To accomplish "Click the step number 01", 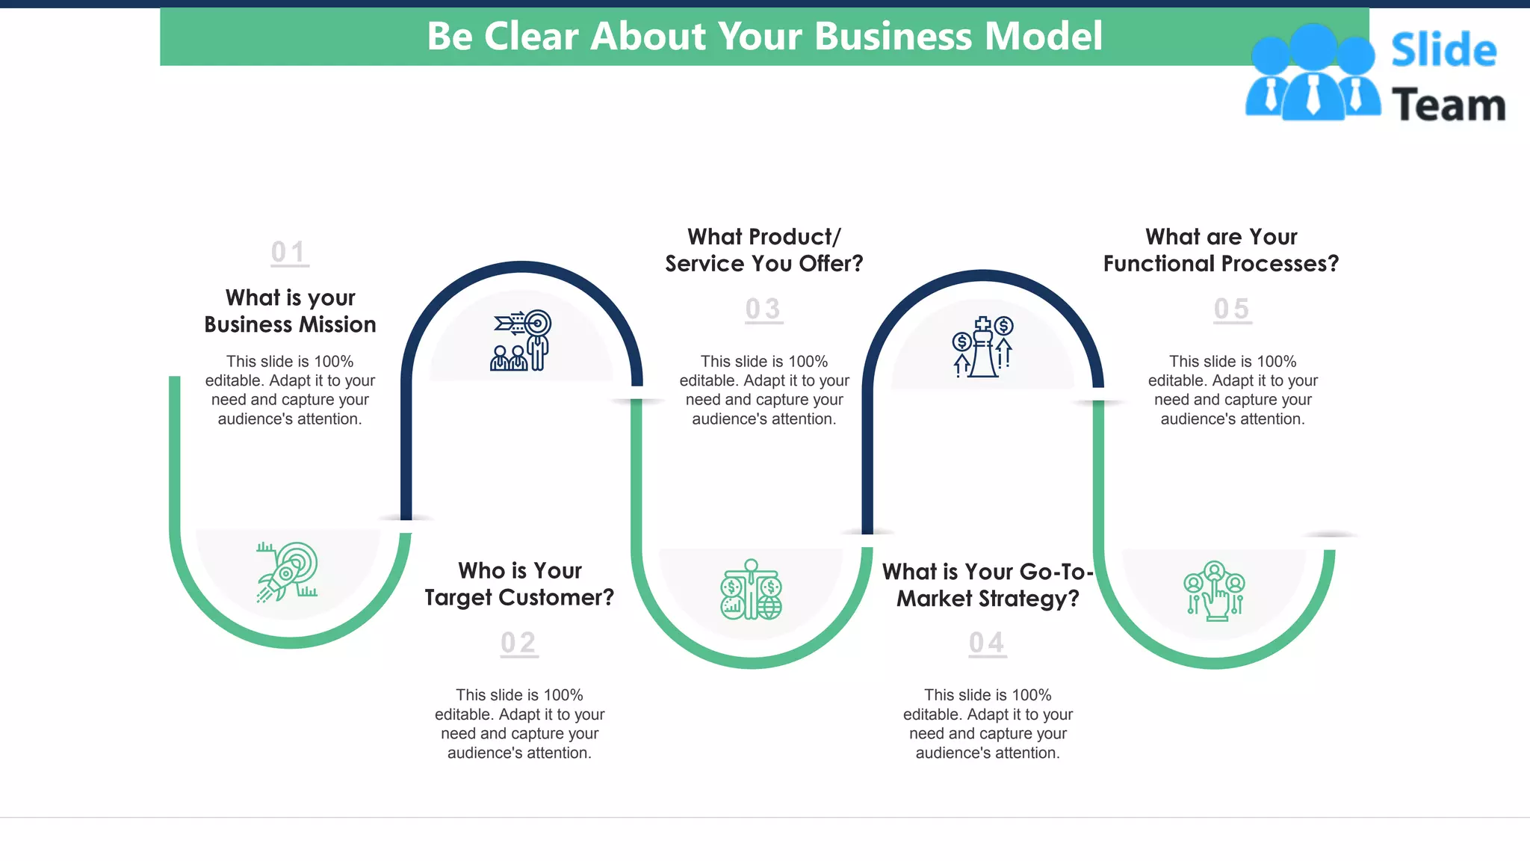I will coord(289,253).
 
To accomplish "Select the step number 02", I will coord(518,643).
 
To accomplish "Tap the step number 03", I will coord(764,309).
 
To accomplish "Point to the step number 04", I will coord(987,643).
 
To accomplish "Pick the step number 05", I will coord(1232,309).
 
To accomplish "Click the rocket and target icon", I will coord(288,572).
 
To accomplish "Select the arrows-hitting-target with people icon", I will coord(521,341).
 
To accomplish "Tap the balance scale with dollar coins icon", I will coord(752,590).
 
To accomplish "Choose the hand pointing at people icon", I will coord(1214,591).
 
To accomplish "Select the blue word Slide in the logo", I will coord(1443,51).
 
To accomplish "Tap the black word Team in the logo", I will coord(1449,105).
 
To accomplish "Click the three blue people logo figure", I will coord(1312,73).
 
